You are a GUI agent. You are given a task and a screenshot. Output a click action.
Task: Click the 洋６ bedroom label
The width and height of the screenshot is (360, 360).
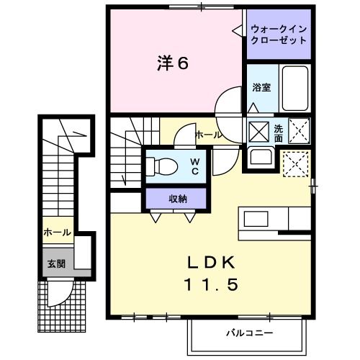tap(173, 64)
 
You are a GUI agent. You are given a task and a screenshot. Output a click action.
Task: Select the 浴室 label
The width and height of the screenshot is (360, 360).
tap(261, 87)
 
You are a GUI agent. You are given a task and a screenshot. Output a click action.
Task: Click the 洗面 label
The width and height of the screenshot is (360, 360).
tap(279, 132)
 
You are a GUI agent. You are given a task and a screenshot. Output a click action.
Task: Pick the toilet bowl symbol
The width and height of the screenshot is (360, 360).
tap(162, 166)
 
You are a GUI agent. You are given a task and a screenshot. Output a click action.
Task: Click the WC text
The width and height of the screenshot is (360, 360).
tap(194, 167)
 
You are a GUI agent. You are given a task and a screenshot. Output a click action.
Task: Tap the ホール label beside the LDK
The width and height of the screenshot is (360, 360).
tap(208, 135)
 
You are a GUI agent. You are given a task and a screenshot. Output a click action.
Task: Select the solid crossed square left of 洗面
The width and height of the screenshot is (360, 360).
tap(258, 131)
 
